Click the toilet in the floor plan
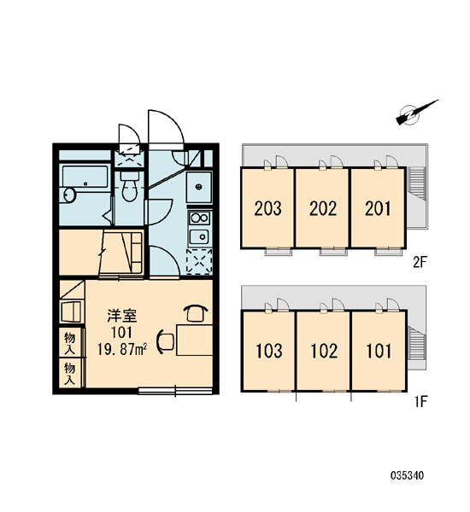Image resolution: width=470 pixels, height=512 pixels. [130, 186]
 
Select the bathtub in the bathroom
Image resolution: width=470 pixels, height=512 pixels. [85, 177]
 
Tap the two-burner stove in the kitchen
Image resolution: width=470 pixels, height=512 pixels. [199, 218]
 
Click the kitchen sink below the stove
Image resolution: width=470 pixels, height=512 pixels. [199, 236]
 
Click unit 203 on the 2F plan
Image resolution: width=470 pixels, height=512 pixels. [267, 208]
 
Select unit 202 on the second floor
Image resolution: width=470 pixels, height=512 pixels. [323, 208]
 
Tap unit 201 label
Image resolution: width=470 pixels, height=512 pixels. [378, 208]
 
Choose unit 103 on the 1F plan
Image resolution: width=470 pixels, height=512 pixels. [269, 351]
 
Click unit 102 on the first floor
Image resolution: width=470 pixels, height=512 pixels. [324, 351]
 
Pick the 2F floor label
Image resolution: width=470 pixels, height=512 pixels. [420, 262]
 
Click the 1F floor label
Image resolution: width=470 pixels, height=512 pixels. [421, 402]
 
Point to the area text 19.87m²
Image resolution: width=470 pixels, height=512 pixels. [121, 350]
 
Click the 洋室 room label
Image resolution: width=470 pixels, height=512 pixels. [122, 316]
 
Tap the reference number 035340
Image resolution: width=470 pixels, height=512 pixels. [407, 475]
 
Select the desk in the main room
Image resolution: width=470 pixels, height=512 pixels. [195, 340]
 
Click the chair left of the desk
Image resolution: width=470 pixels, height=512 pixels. [166, 341]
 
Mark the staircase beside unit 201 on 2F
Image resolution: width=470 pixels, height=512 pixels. [416, 183]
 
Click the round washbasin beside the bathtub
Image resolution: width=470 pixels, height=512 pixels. [70, 195]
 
